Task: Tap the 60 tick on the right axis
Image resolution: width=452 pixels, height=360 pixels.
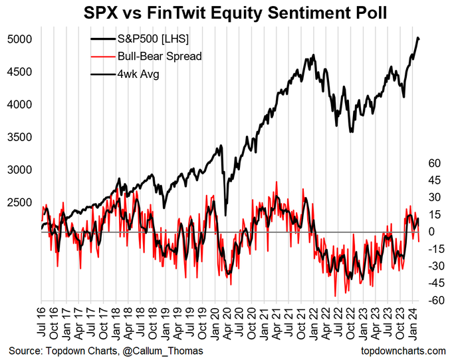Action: coord(435,163)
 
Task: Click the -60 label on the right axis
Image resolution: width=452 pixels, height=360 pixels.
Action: coord(434,301)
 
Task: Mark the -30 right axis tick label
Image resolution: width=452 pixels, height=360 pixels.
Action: coord(434,266)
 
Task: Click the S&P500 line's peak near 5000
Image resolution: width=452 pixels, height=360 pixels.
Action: coord(417,38)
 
